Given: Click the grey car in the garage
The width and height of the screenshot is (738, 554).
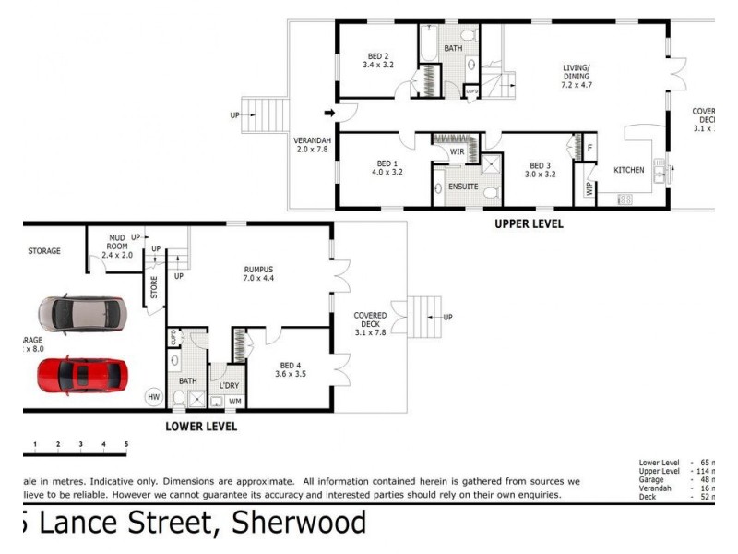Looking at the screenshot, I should tap(84, 314).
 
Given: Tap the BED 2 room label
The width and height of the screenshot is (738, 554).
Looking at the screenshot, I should tap(378, 61).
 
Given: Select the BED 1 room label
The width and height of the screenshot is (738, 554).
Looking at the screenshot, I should tap(387, 166).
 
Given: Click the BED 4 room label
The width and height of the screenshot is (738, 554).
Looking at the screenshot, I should tap(292, 370).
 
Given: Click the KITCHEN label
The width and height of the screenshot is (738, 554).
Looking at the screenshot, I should tap(629, 171).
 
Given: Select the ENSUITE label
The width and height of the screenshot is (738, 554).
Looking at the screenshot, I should tap(462, 187).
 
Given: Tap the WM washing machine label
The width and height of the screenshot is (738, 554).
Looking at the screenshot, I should tap(234, 402).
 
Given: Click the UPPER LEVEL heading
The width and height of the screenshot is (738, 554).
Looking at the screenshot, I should tap(529, 223).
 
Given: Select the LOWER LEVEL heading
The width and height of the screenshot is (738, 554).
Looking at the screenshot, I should tap(200, 427).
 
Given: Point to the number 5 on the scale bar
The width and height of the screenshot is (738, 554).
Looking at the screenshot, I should tap(126, 445).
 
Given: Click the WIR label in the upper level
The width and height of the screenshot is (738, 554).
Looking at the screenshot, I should tap(456, 151).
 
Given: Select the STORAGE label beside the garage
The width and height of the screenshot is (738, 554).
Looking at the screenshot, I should tap(44, 251).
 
